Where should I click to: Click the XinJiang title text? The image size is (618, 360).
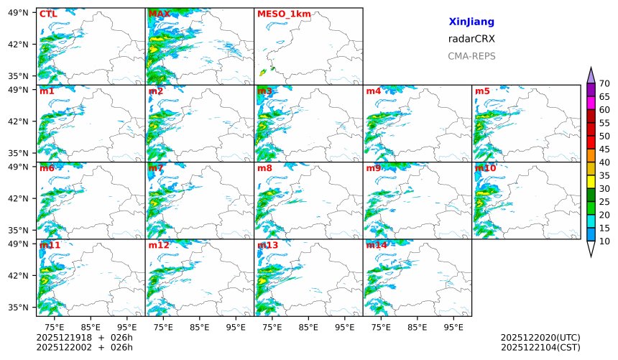point(471,22)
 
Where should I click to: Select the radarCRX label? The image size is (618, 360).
point(471,39)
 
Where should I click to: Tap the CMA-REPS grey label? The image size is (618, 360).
point(471,56)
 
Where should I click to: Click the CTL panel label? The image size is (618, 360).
point(47,14)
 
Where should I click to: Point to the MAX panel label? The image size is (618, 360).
point(159,14)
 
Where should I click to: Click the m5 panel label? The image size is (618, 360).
point(482,91)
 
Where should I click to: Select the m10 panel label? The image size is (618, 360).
point(485,168)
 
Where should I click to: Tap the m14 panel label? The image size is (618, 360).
point(376,245)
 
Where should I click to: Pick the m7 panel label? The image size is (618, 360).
point(156,168)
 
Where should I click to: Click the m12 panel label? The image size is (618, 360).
point(159,245)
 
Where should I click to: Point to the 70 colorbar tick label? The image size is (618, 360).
point(604,84)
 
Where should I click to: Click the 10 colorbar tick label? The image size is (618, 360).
point(604,241)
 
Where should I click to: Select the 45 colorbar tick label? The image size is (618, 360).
point(604,149)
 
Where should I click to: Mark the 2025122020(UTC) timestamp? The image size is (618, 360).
point(540,337)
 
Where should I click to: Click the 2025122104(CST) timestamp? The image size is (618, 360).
point(540,347)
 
